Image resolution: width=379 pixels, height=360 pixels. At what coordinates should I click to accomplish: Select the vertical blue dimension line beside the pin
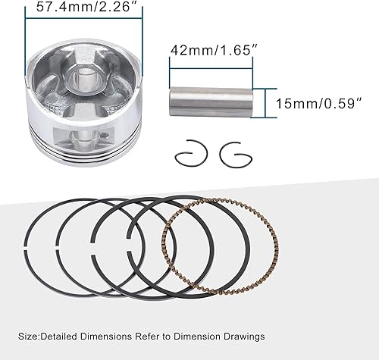[265, 100]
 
